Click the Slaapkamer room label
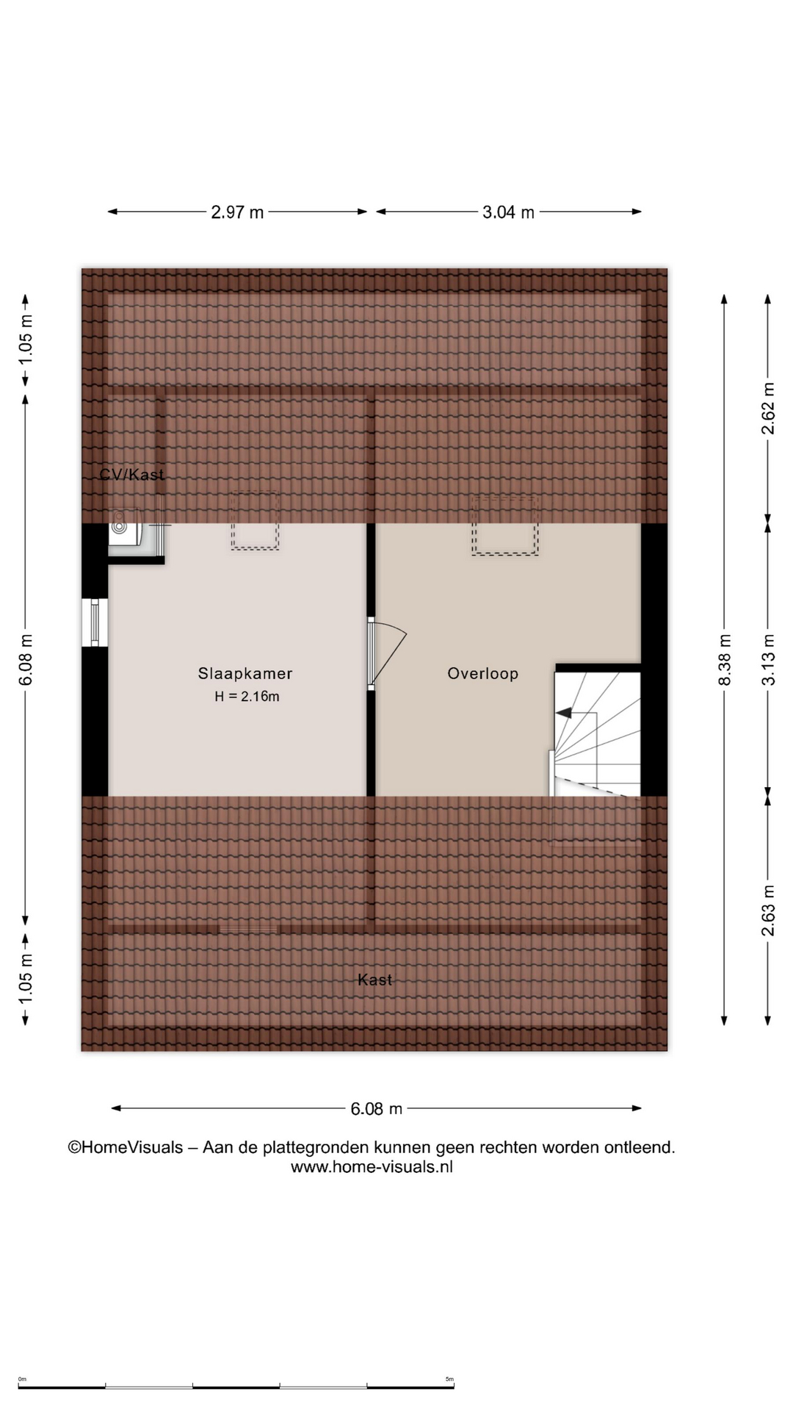pos(245,673)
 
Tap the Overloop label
pos(483,673)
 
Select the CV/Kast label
pos(132,475)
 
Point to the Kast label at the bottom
pos(374,980)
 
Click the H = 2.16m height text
pos(247,697)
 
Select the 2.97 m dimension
pos(237,212)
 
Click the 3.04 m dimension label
pos(508,212)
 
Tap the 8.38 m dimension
pos(725,660)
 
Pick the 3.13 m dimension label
pos(768,659)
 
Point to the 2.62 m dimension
pos(768,409)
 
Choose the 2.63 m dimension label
pos(768,911)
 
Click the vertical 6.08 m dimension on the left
pos(26,659)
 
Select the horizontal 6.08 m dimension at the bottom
pos(376,1109)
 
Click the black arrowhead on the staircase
pos(563,713)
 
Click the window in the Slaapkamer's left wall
pos(95,623)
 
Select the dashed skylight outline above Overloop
pos(505,525)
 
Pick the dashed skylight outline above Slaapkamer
pos(255,520)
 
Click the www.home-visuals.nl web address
pos(372,1167)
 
